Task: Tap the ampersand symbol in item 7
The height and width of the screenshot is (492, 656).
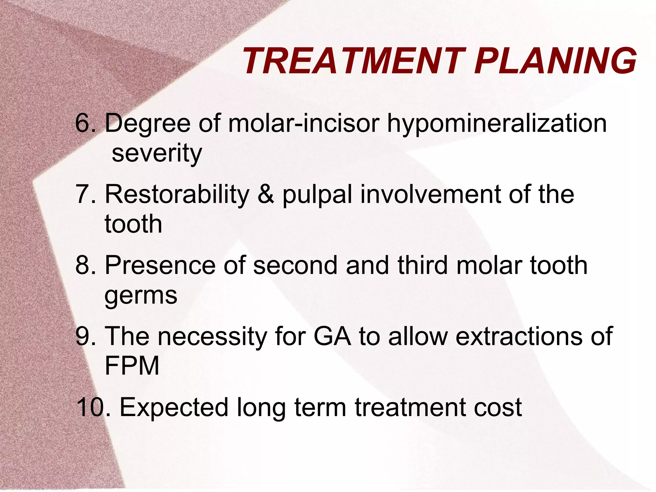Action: coord(266,194)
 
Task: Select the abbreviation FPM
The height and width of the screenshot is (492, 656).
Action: coord(132,366)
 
